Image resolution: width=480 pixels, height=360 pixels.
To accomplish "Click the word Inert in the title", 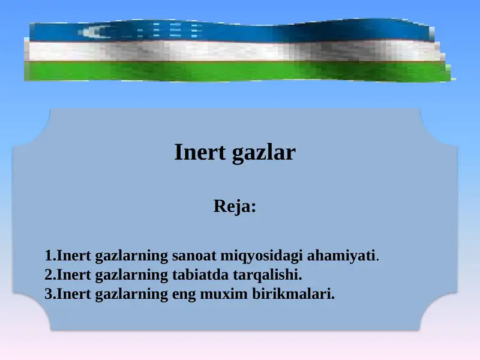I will pos(198,152).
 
